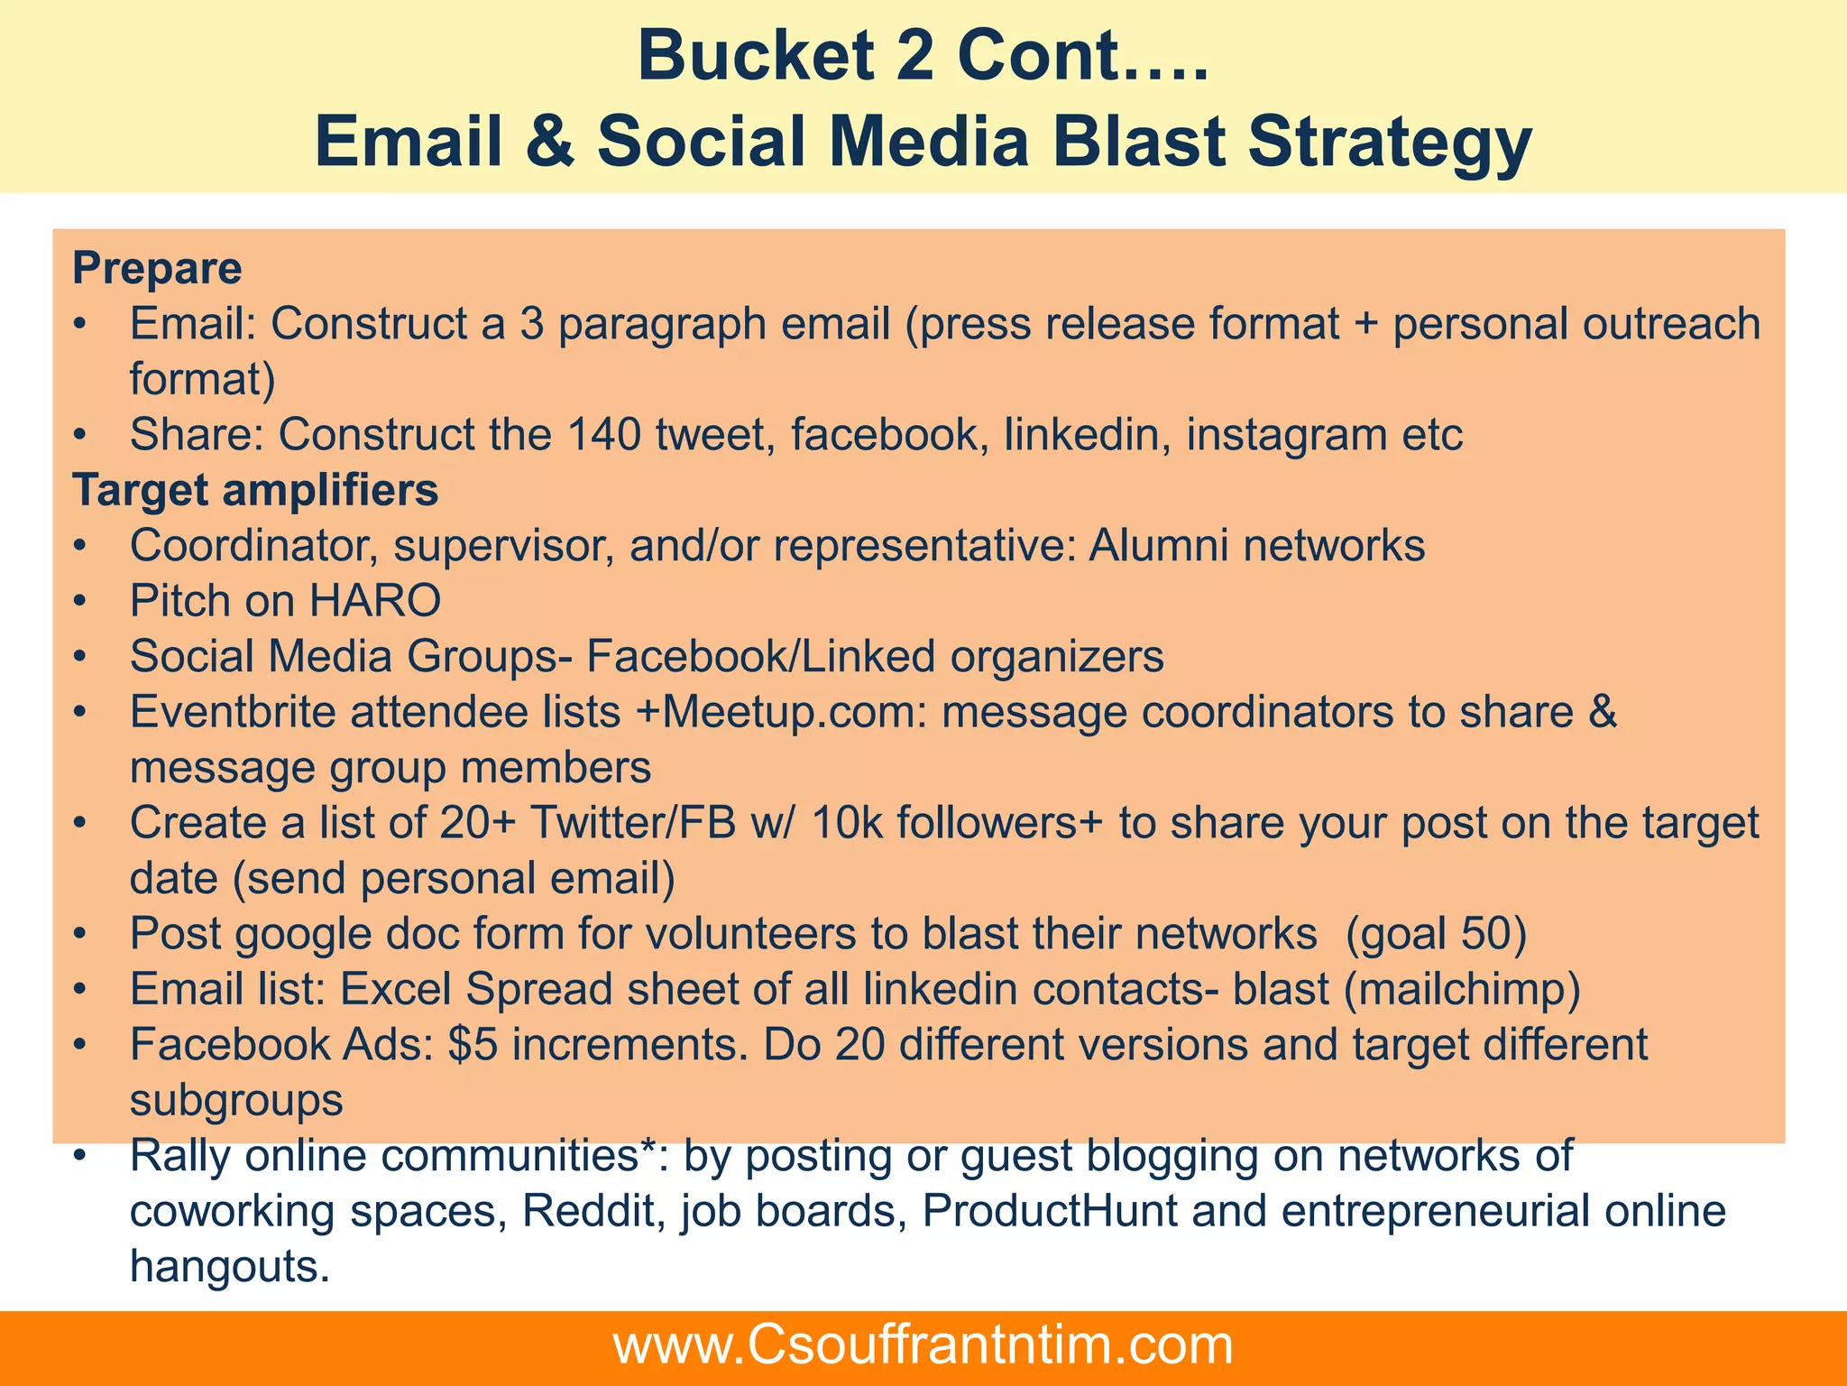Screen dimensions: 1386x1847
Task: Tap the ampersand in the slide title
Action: (x=547, y=143)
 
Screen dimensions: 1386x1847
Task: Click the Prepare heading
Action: (x=157, y=268)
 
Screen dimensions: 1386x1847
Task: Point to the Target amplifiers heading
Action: (x=255, y=490)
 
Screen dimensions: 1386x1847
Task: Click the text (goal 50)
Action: (x=1436, y=934)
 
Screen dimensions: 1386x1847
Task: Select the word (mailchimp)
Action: (x=1462, y=990)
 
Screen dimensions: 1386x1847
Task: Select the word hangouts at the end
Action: (x=229, y=1267)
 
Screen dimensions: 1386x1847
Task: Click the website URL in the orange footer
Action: (x=923, y=1345)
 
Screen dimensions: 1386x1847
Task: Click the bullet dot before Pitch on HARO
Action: (x=80, y=601)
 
